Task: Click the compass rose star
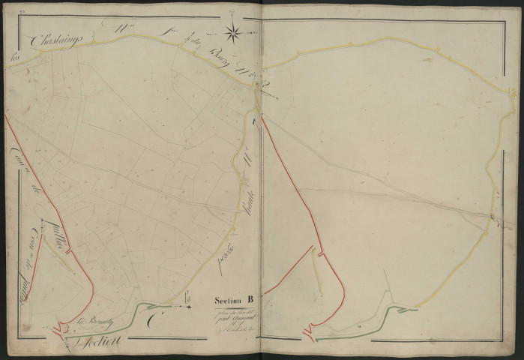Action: tap(233, 31)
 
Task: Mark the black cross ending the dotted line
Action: tap(189, 306)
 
